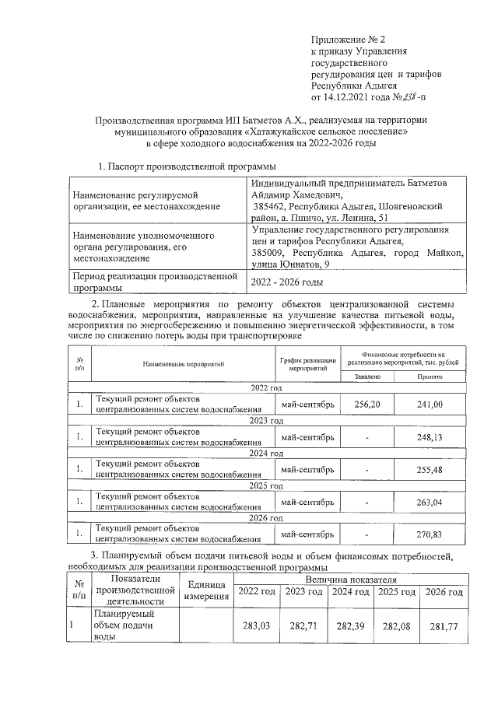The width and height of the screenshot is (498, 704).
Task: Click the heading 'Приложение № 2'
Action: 347,39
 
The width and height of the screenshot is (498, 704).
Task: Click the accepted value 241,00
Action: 430,405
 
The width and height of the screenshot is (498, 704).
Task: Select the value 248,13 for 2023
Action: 430,437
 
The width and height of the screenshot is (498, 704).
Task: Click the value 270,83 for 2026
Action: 430,534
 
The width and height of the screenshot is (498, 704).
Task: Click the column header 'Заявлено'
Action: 367,377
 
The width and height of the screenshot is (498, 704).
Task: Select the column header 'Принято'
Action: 430,377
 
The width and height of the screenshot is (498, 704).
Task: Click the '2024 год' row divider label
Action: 267,453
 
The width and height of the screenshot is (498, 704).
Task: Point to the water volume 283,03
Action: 257,625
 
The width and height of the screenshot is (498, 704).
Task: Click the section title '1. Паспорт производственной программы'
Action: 187,166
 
